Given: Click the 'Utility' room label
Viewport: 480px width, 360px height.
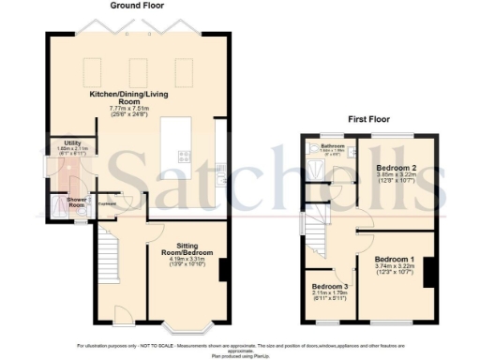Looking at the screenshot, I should pyautogui.click(x=60, y=142).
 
